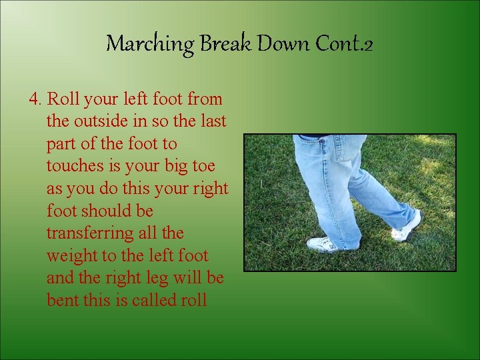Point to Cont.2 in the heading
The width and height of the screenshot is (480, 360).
pyautogui.click(x=344, y=44)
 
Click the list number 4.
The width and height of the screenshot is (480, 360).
pyautogui.click(x=36, y=99)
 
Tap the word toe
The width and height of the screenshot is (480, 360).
pyautogui.click(x=210, y=166)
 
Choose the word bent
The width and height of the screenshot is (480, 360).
pyautogui.click(x=63, y=300)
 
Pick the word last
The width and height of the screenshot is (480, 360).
pyautogui.click(x=213, y=121)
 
